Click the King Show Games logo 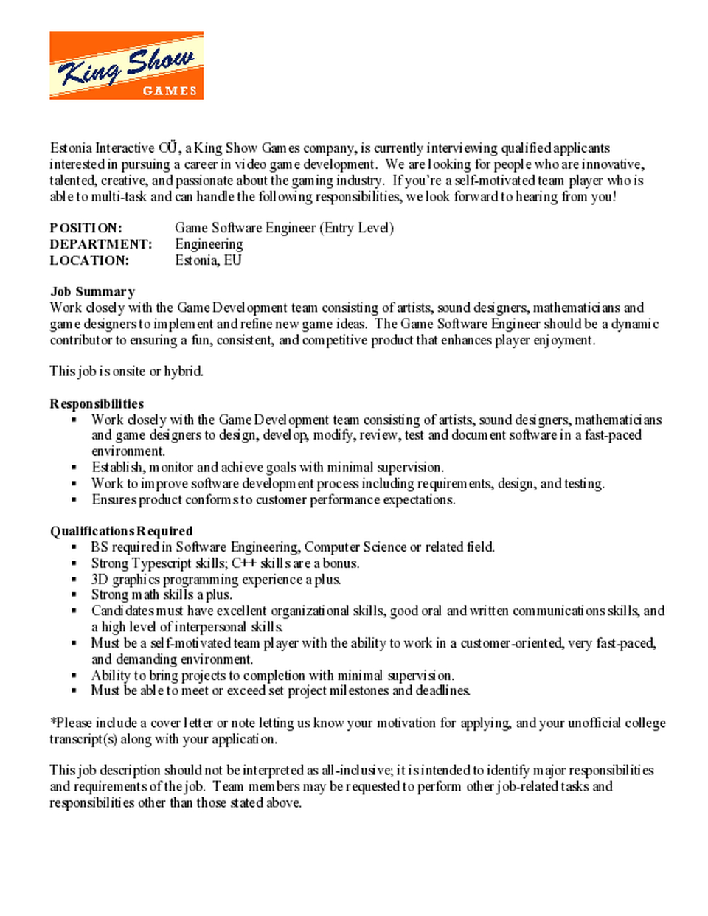pyautogui.click(x=126, y=65)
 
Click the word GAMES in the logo pyautogui.click(x=170, y=91)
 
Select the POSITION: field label pyautogui.click(x=86, y=228)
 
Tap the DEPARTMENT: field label pyautogui.click(x=101, y=244)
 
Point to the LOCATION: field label pyautogui.click(x=89, y=260)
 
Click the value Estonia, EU pyautogui.click(x=208, y=260)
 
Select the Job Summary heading pyautogui.click(x=92, y=291)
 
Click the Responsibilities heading pyautogui.click(x=97, y=403)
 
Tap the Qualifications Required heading pyautogui.click(x=121, y=531)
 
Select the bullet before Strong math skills pyautogui.click(x=74, y=595)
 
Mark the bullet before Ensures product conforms pyautogui.click(x=74, y=500)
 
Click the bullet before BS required pyautogui.click(x=74, y=547)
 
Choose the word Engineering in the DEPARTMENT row pyautogui.click(x=209, y=244)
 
